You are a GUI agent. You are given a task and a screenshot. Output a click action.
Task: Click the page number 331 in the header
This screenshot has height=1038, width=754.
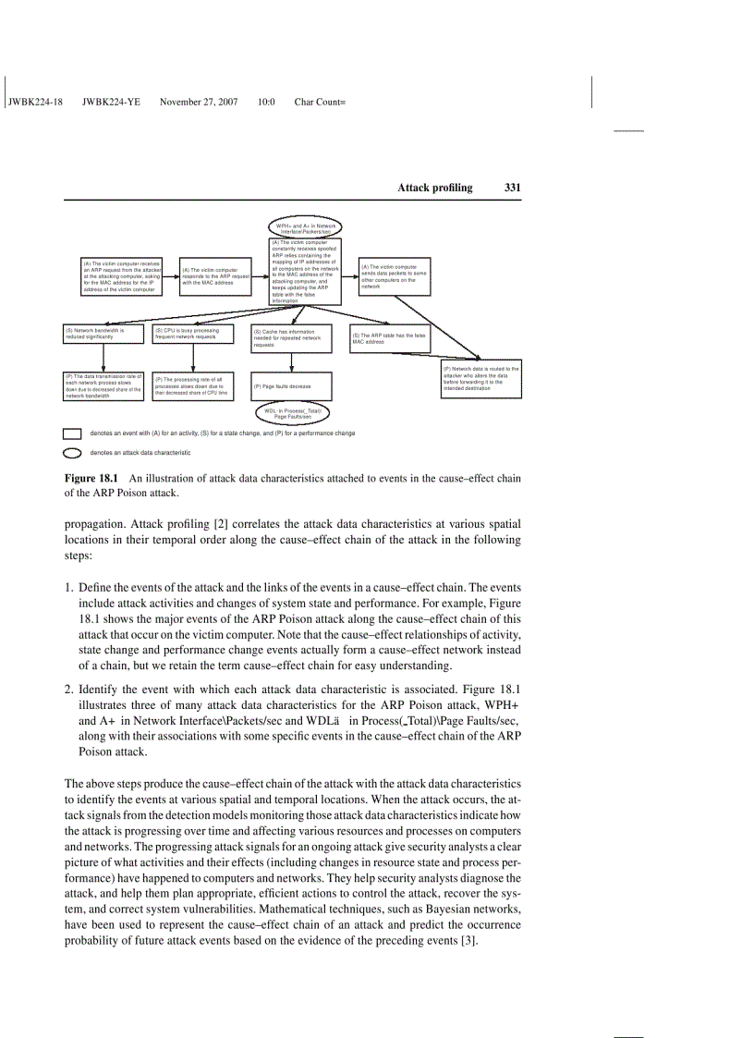[513, 188]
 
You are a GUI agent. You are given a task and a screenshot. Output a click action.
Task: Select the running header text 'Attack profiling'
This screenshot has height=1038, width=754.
[434, 188]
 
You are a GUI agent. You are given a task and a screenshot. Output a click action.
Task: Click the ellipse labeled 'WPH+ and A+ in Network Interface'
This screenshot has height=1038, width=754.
[306, 227]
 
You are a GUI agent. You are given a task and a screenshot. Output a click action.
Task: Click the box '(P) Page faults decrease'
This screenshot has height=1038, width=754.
[296, 385]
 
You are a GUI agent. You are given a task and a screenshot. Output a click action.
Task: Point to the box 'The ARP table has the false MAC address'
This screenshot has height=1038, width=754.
[389, 338]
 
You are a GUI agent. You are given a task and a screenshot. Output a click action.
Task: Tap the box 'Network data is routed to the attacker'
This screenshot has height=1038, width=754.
[480, 381]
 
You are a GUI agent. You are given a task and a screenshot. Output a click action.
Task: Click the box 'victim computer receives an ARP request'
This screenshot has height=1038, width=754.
[121, 276]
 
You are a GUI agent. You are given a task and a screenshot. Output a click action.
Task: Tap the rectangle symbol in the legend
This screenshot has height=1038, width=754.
[72, 434]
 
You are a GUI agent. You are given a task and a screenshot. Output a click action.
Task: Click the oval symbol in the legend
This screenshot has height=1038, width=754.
[72, 453]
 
